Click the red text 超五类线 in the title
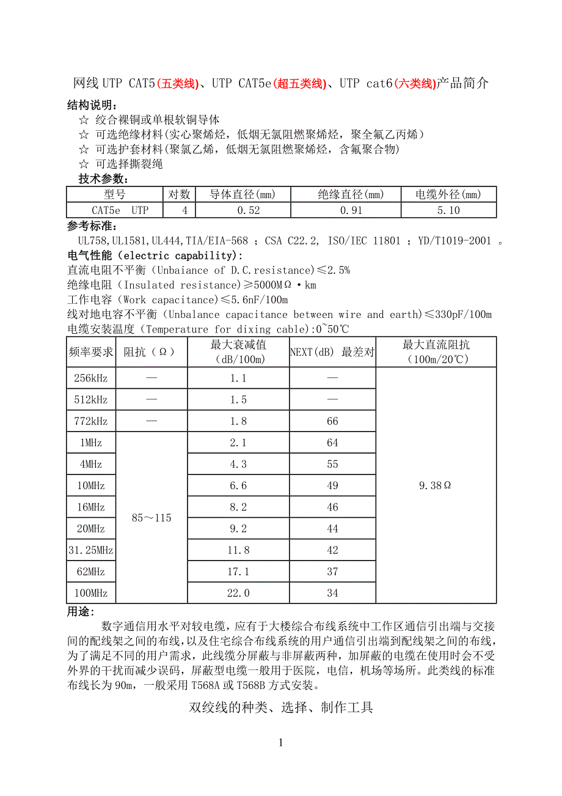pyautogui.click(x=299, y=84)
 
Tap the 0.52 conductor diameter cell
pyautogui.click(x=243, y=210)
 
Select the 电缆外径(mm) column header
pyautogui.click(x=448, y=195)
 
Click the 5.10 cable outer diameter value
pyautogui.click(x=448, y=210)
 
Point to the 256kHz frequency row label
pyautogui.click(x=90, y=378)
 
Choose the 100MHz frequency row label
pyautogui.click(x=90, y=593)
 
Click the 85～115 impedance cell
pyautogui.click(x=151, y=518)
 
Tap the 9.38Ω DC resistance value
pyautogui.click(x=435, y=485)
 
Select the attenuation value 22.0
pyautogui.click(x=238, y=593)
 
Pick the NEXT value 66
pyautogui.click(x=332, y=421)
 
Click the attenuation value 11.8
pyautogui.click(x=238, y=550)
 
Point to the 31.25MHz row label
pyautogui.click(x=90, y=550)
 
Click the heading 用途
pyautogui.click(x=81, y=612)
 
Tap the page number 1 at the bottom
pyautogui.click(x=280, y=743)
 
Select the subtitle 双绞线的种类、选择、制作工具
pyautogui.click(x=280, y=708)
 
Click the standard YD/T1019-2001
pyautogui.click(x=453, y=241)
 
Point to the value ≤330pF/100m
pyautogui.click(x=458, y=315)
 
